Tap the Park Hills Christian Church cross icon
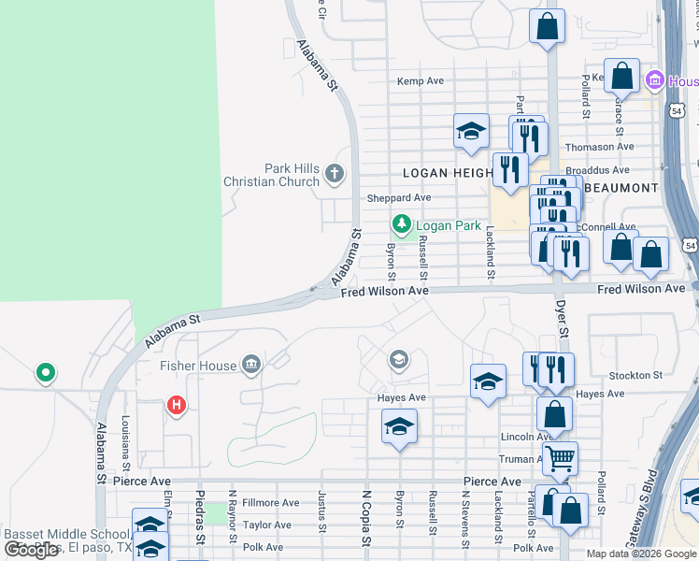click(x=334, y=173)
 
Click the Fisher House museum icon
click(x=250, y=365)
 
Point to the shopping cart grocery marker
click(x=560, y=458)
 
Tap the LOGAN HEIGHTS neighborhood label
click(x=448, y=173)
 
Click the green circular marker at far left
click(x=45, y=374)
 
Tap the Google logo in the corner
click(x=31, y=550)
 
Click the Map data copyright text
click(x=640, y=554)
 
